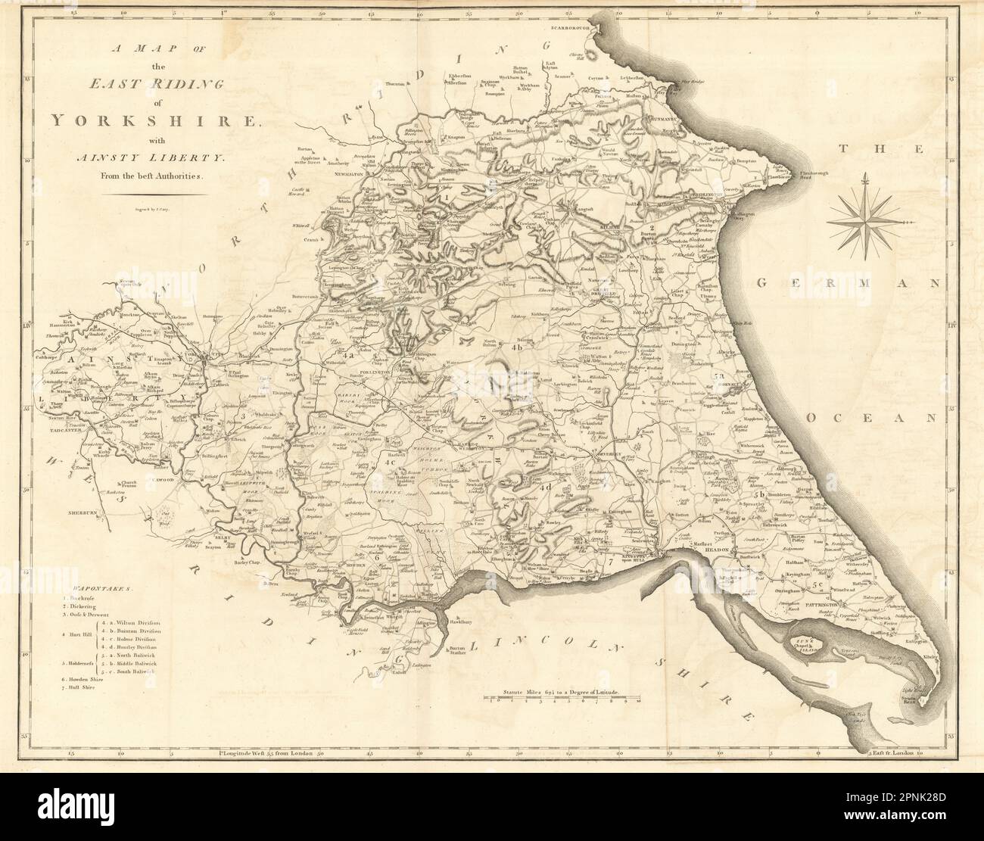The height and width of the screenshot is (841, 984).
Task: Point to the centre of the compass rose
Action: click(865, 222)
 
